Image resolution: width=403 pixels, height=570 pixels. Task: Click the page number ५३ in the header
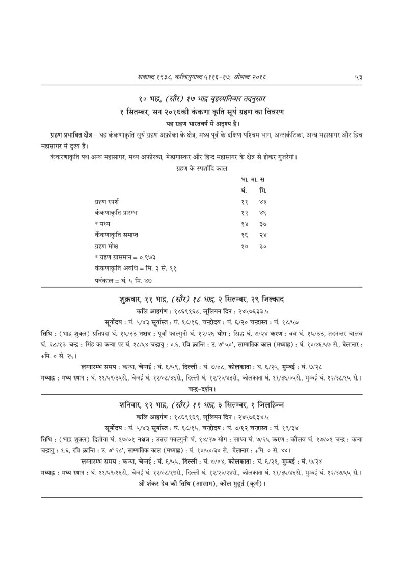(x=358, y=76)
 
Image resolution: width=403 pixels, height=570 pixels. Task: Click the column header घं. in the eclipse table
(x=244, y=191)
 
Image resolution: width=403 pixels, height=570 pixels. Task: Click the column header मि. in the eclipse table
(x=262, y=191)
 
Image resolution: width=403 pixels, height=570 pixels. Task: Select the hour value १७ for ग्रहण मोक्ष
(x=245, y=247)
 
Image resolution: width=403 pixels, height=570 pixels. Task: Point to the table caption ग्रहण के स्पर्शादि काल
(x=201, y=168)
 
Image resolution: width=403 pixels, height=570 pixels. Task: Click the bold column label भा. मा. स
(x=253, y=179)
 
